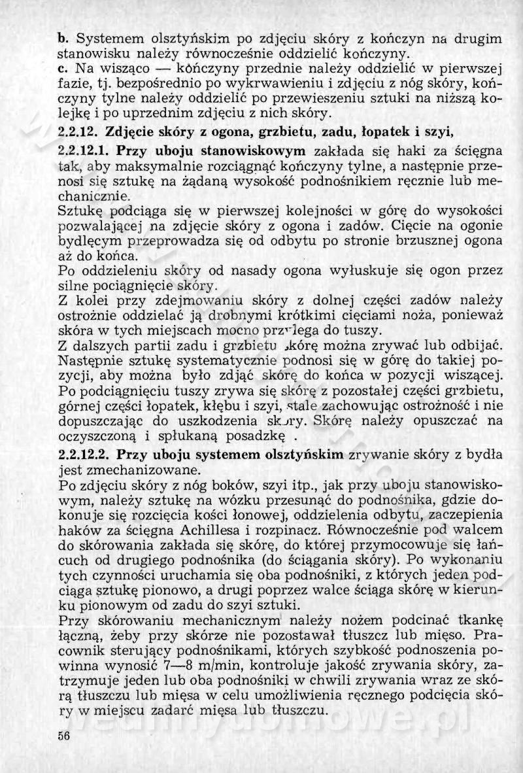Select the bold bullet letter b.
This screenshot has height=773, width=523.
(x=61, y=39)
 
